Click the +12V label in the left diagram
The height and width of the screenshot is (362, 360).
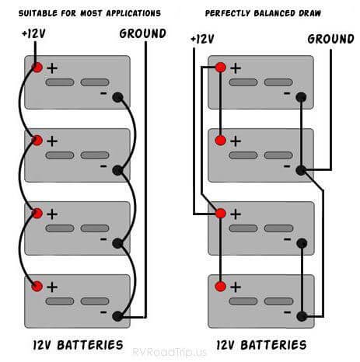coord(36,33)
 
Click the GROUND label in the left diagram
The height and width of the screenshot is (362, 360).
coord(142,33)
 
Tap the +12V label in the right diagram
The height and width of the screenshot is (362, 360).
coord(201,38)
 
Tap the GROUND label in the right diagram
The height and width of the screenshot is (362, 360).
coord(330,38)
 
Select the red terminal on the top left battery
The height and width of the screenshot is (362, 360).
coord(37,68)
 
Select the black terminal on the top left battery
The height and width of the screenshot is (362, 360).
coord(117,97)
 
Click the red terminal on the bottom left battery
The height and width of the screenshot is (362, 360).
coord(37,287)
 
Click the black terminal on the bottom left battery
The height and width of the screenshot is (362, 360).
coord(117,316)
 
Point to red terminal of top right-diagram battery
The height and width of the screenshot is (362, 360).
coord(220,68)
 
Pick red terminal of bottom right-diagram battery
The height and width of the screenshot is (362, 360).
coord(220,287)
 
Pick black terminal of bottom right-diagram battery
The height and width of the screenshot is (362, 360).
coord(301,316)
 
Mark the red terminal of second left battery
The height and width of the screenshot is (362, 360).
coord(37,141)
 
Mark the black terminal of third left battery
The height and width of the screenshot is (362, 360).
coord(117,243)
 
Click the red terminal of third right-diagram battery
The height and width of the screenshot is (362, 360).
coord(220,214)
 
